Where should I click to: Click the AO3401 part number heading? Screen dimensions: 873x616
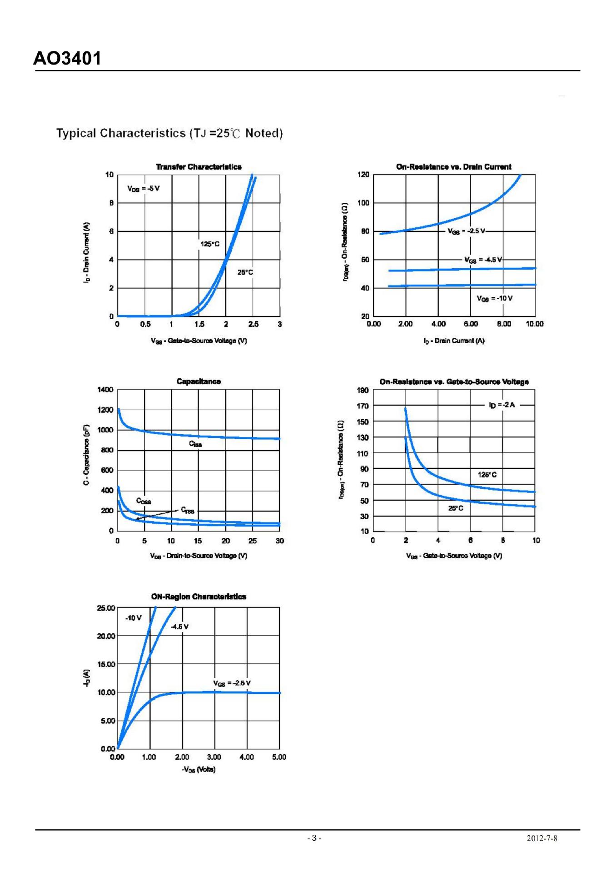click(67, 59)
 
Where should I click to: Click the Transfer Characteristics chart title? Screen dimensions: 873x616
click(199, 167)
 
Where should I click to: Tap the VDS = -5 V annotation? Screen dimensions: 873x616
click(143, 188)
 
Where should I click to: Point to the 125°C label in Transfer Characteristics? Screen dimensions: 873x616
click(209, 244)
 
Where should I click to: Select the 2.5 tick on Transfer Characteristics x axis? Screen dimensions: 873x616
click(253, 324)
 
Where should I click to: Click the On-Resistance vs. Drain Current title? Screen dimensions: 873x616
click(453, 167)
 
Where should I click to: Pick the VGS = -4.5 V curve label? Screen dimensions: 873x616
click(483, 260)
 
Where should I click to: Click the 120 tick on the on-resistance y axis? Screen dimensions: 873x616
click(363, 175)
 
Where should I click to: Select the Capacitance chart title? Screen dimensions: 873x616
click(199, 381)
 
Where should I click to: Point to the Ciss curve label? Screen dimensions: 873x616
click(195, 444)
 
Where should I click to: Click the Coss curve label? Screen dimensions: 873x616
click(144, 501)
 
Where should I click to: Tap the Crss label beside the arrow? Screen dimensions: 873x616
click(187, 510)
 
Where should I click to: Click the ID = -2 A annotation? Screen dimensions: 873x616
click(502, 405)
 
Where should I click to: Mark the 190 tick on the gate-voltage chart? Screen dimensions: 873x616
click(363, 390)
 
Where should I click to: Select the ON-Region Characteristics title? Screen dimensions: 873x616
click(199, 597)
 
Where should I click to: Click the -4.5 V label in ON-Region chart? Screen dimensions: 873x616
click(179, 627)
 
